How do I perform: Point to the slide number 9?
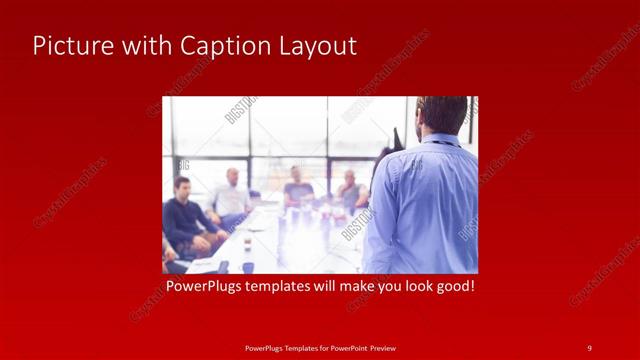589,347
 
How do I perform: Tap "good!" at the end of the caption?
453,286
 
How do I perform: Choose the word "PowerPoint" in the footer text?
347,348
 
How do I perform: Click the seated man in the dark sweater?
186,220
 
